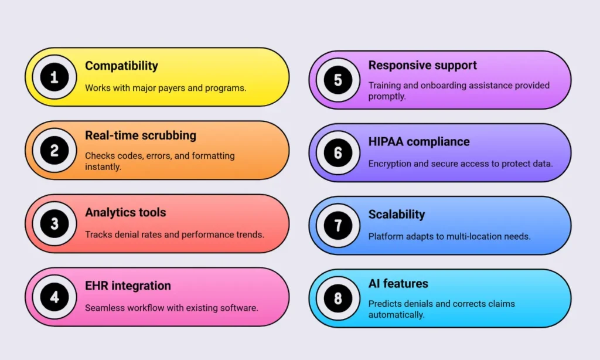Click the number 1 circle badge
pos(54,77)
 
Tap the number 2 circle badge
pos(54,150)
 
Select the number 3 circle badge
pos(54,223)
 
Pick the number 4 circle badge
pos(54,297)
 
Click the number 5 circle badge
pos(338,80)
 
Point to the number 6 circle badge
pos(338,152)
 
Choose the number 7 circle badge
pos(338,225)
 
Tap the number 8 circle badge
pos(338,298)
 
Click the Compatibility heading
pos(121,66)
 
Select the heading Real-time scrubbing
pos(141,135)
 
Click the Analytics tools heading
pos(125,212)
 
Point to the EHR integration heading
pos(128,286)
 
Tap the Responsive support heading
pos(422,66)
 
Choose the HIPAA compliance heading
pos(419,142)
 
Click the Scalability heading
pos(397,215)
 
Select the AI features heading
pos(398,284)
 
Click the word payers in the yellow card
pos(172,89)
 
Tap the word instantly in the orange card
pos(103,167)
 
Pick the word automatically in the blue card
pos(397,315)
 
